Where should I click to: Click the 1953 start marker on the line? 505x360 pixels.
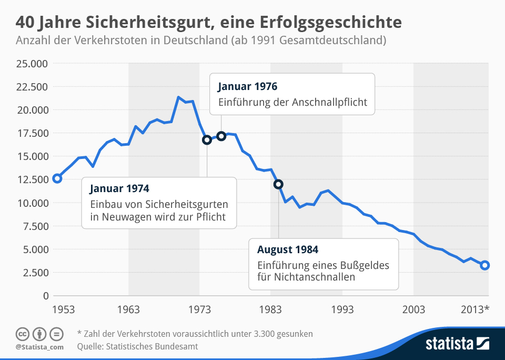click(x=57, y=178)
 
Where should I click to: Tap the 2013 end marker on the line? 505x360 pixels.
click(x=485, y=265)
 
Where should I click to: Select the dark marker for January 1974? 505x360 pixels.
click(x=207, y=139)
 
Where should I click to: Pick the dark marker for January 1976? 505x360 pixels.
click(x=221, y=136)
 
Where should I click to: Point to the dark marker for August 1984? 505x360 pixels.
click(x=278, y=184)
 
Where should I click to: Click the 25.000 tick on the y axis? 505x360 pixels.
click(x=32, y=64)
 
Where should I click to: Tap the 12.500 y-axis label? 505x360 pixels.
click(x=32, y=179)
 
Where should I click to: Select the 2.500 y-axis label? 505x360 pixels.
click(x=35, y=272)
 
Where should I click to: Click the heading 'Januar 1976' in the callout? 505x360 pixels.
click(x=247, y=86)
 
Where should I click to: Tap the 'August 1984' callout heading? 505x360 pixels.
click(x=287, y=249)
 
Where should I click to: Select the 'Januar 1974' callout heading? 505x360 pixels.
click(x=119, y=188)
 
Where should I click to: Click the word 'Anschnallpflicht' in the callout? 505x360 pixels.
click(x=329, y=102)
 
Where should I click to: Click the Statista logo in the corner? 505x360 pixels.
click(x=457, y=344)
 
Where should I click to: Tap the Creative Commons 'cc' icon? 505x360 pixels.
click(x=22, y=334)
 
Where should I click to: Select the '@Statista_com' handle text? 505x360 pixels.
click(x=39, y=347)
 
